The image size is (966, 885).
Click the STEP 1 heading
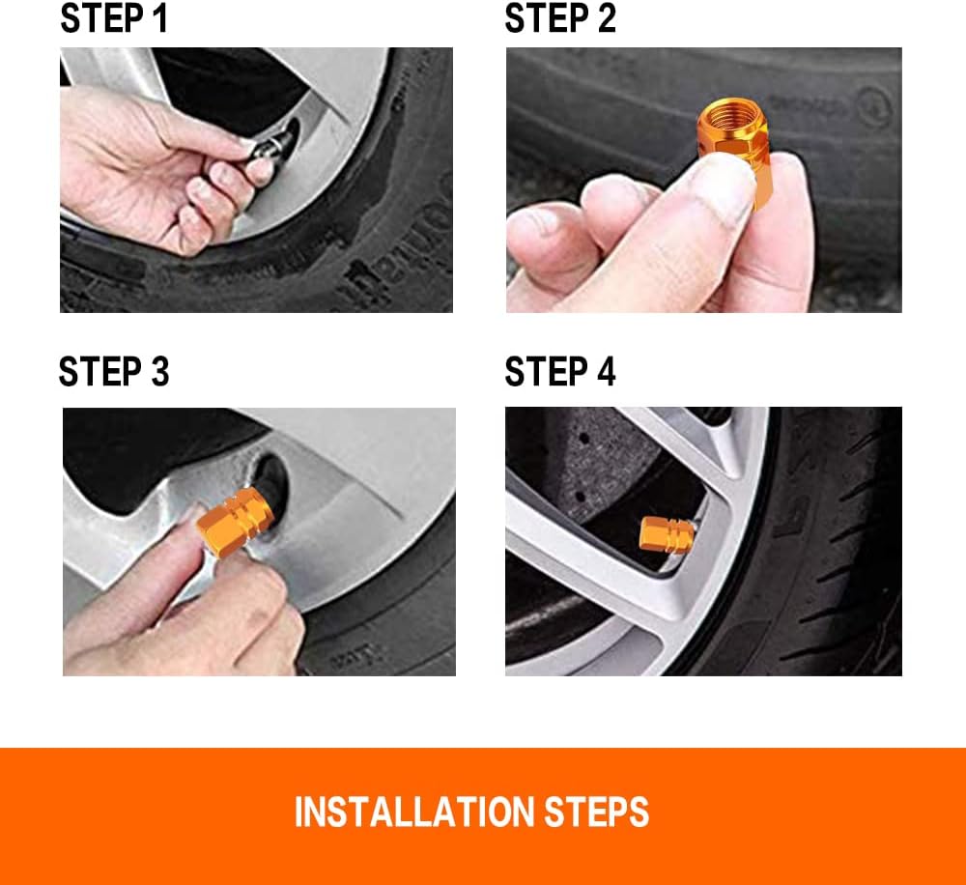114,18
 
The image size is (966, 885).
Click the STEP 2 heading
560,18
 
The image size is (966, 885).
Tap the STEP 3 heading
114,372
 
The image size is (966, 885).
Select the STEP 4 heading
560,372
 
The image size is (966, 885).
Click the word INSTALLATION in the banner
414,812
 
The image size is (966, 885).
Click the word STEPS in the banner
596,812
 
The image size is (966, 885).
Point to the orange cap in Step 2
734,150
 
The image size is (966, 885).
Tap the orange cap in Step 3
236,522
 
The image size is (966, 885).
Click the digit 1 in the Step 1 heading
160,18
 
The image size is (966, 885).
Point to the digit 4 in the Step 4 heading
607,372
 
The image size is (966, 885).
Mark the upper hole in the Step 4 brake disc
583,439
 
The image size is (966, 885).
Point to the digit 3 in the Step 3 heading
160,372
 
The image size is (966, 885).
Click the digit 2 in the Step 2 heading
607,18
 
